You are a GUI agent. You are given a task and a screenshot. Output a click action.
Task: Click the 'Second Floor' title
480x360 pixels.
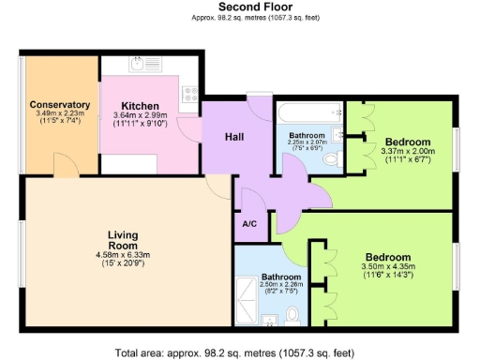(240, 7)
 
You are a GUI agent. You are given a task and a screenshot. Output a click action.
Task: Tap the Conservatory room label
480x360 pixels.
(59, 104)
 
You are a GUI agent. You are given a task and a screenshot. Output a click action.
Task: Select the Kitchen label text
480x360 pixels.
(140, 106)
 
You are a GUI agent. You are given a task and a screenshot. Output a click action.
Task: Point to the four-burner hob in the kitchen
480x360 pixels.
(188, 94)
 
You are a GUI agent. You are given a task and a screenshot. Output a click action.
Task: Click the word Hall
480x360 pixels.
(234, 138)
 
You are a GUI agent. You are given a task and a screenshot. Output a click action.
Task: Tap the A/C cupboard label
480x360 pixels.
(249, 225)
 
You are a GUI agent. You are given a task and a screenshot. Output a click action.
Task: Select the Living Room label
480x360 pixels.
(123, 241)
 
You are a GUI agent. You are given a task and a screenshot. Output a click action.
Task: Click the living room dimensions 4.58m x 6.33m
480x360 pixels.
(123, 254)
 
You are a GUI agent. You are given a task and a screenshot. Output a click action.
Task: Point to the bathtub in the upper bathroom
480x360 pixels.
(307, 115)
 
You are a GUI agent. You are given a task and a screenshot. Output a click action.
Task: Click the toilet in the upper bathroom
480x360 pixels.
(329, 161)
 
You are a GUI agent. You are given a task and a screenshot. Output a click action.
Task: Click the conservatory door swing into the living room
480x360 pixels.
(66, 166)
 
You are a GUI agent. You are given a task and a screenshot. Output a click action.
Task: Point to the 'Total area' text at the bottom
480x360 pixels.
(234, 352)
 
